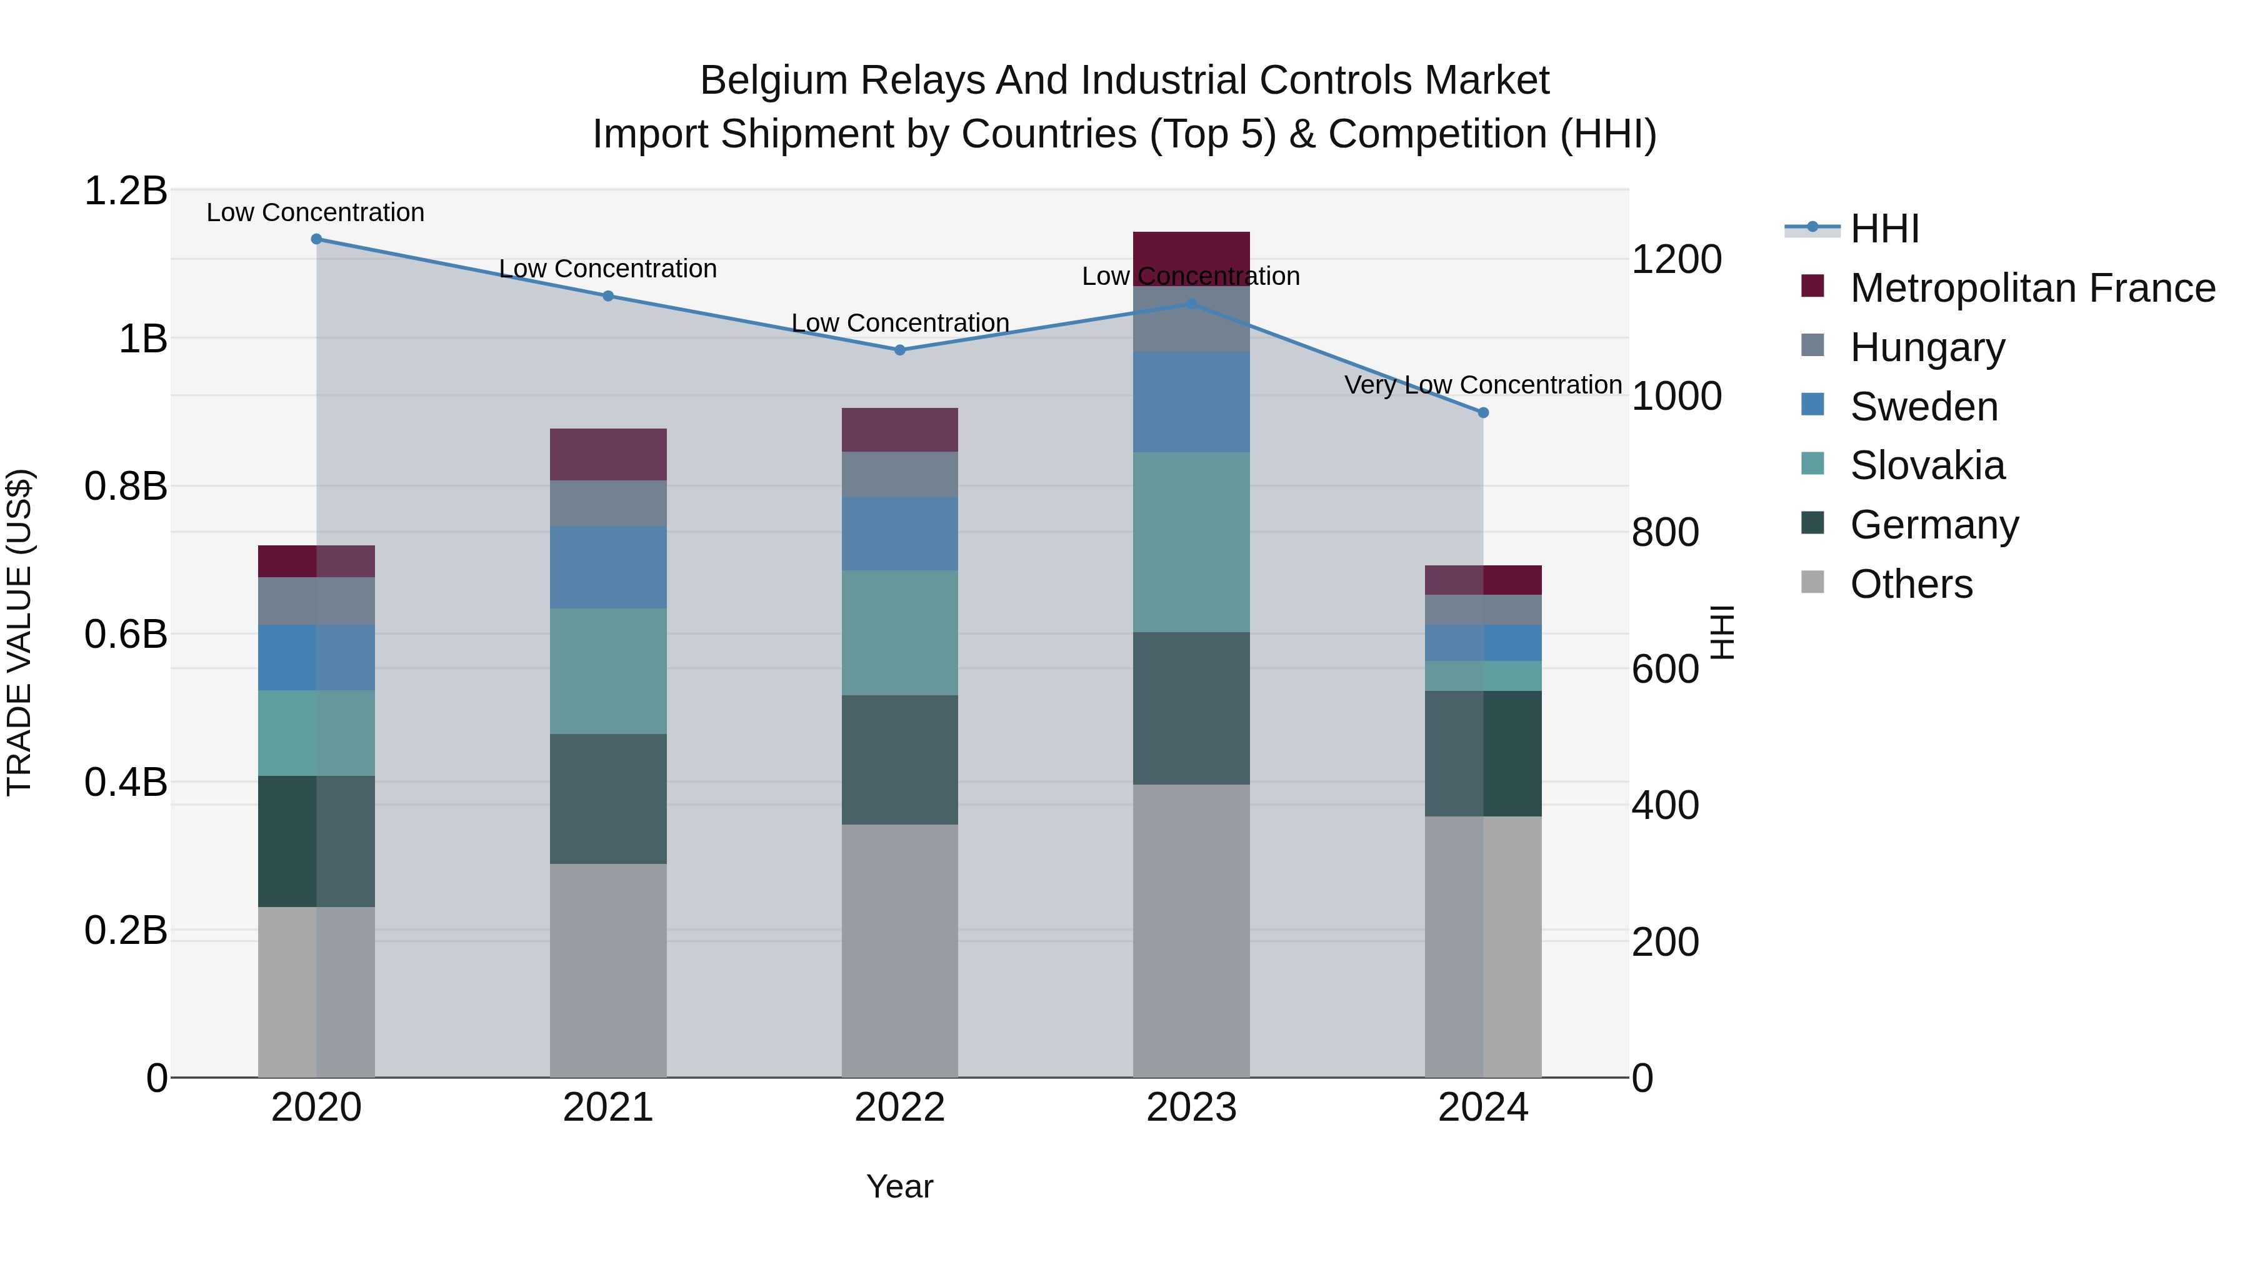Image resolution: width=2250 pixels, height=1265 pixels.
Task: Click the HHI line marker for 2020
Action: coord(316,239)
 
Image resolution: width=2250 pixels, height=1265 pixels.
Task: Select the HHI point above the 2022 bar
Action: coord(899,350)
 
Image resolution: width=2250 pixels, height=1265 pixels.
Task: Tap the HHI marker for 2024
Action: coord(1483,413)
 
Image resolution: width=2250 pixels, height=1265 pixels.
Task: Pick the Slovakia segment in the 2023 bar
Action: coord(1191,542)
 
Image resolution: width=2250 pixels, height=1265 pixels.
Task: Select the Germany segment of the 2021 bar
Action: coord(608,799)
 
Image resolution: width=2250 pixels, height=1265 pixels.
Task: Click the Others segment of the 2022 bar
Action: coord(899,951)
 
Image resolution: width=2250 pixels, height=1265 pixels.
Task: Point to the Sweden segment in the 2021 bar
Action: coord(608,567)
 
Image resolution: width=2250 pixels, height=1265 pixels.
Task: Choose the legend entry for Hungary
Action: coord(1926,347)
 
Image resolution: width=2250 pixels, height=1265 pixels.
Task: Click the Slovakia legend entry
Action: coord(1926,465)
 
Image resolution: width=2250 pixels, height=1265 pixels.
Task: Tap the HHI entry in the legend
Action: coord(1884,229)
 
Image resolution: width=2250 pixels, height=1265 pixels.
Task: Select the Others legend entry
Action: coord(1910,584)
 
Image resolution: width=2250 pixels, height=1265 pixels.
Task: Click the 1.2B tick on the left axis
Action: coord(125,191)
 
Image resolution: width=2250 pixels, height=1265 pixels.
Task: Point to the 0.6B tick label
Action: coord(125,635)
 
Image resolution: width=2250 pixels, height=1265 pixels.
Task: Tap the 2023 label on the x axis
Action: coord(1191,1108)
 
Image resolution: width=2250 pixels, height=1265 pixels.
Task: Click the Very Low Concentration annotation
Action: coord(1482,385)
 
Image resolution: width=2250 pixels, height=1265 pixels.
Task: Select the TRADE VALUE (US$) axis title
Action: coord(19,632)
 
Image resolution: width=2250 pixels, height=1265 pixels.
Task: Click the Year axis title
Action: coord(899,1188)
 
